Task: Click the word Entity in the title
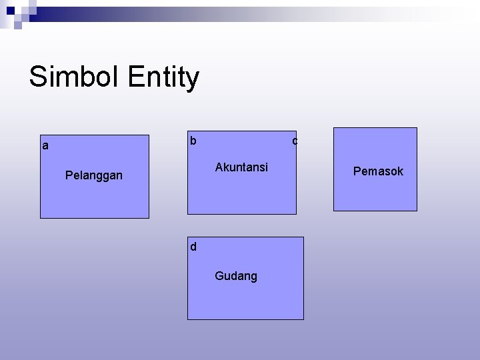(x=163, y=78)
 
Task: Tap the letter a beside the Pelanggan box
(x=45, y=145)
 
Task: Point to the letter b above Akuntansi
(x=193, y=141)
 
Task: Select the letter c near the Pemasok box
(x=295, y=141)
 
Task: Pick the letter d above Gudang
(x=193, y=247)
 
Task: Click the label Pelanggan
(x=94, y=175)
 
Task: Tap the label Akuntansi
(x=241, y=167)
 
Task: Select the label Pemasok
(x=378, y=171)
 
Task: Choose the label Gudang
(x=236, y=276)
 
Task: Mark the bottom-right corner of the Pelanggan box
(x=149, y=218)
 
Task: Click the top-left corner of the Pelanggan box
(x=41, y=135)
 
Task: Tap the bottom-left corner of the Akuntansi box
(x=188, y=214)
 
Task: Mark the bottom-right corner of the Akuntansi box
(x=296, y=214)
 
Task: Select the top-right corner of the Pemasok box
(x=417, y=128)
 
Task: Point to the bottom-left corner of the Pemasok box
(x=334, y=211)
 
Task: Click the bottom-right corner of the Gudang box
(x=303, y=319)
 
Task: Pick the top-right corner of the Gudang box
(x=303, y=237)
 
